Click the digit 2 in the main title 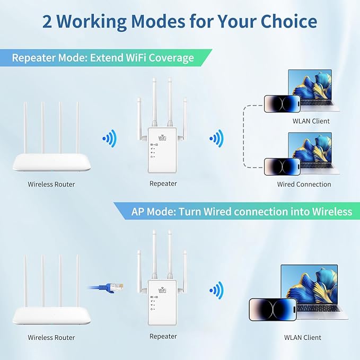point(49,21)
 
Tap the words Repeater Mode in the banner point(44,57)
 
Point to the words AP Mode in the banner point(154,212)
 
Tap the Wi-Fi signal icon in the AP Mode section point(216,290)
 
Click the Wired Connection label point(304,185)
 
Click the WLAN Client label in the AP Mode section point(303,337)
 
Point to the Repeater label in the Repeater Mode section point(163,184)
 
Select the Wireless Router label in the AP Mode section point(51,337)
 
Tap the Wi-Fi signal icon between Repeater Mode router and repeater point(109,139)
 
